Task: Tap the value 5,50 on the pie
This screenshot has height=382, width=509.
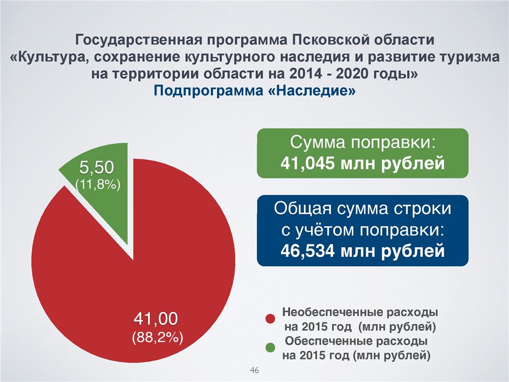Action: click(x=97, y=168)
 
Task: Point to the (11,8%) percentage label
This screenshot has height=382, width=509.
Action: click(x=98, y=184)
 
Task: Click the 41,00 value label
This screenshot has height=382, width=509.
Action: click(x=156, y=318)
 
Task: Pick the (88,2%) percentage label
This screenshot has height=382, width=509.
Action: click(x=157, y=337)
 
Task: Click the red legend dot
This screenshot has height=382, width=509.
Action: click(x=270, y=319)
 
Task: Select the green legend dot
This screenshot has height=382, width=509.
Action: click(x=270, y=347)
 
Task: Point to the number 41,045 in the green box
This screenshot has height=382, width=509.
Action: click(x=307, y=163)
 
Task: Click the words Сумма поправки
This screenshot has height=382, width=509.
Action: click(x=362, y=142)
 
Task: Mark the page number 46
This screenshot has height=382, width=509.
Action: click(x=254, y=370)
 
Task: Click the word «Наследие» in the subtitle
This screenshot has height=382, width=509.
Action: click(x=313, y=90)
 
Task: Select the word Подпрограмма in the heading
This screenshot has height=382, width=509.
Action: click(x=208, y=91)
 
